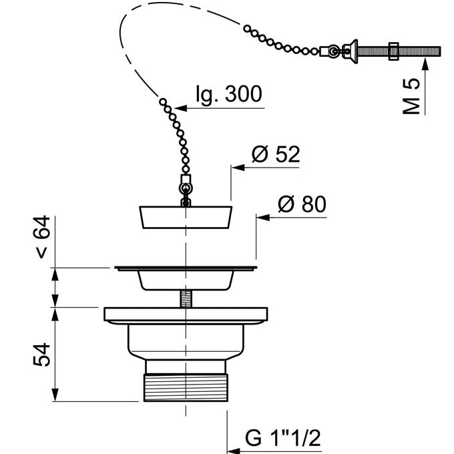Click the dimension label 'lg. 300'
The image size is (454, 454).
click(x=228, y=94)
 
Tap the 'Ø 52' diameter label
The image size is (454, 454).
click(x=275, y=155)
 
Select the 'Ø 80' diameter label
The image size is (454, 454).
click(x=301, y=204)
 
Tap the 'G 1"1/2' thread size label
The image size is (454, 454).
click(x=283, y=439)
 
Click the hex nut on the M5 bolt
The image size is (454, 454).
click(x=394, y=51)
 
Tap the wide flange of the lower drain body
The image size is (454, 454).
click(x=186, y=314)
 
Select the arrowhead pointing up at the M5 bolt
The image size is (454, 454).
click(x=425, y=64)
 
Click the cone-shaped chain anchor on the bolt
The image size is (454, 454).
click(x=347, y=51)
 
